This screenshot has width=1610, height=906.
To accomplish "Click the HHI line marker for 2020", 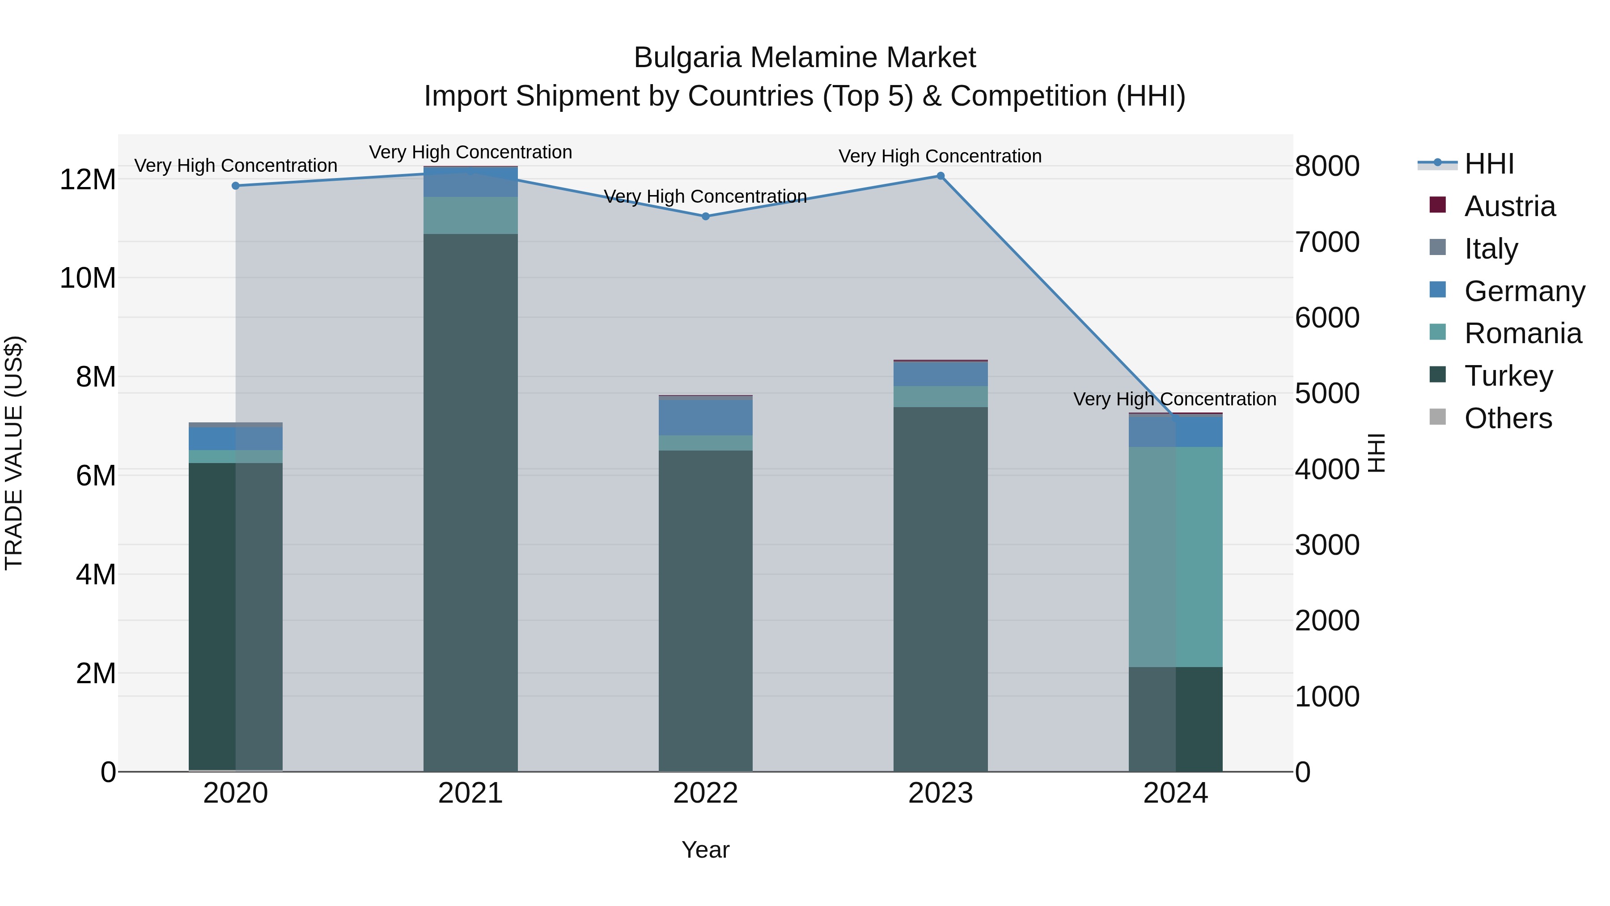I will (x=236, y=186).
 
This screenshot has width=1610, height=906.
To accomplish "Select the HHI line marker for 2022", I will (x=706, y=217).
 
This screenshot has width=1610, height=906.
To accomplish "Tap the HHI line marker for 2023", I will (x=941, y=176).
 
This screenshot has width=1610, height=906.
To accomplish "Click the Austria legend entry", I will (x=1509, y=206).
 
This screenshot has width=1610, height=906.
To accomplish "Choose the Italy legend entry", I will (x=1491, y=249).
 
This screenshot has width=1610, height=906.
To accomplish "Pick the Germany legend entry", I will (x=1525, y=291).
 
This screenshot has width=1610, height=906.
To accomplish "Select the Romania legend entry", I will (x=1522, y=333).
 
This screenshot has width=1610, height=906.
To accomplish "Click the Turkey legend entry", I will (x=1508, y=376).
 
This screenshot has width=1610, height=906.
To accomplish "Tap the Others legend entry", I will (x=1508, y=418).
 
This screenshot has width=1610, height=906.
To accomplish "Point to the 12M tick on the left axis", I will (x=88, y=180).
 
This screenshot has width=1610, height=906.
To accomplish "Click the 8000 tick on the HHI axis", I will (x=1327, y=166).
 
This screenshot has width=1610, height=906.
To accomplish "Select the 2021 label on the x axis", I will (x=470, y=793).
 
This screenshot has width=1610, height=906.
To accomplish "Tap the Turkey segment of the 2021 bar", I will (x=470, y=500).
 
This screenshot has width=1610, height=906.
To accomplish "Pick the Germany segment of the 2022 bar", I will (x=706, y=417).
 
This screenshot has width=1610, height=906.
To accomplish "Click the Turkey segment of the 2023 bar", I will (x=941, y=588).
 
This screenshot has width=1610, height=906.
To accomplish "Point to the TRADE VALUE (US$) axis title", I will (x=14, y=453).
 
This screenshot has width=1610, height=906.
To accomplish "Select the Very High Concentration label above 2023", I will (x=940, y=156).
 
